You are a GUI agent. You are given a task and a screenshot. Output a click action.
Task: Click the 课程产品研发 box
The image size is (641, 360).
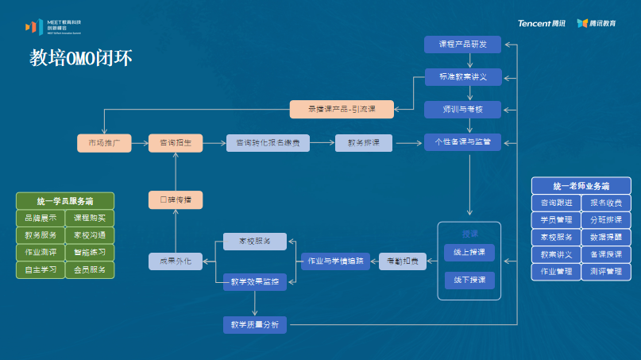click(462, 45)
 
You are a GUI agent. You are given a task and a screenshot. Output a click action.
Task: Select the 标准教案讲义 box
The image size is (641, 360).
click(462, 77)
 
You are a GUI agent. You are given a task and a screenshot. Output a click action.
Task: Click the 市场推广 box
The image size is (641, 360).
click(103, 143)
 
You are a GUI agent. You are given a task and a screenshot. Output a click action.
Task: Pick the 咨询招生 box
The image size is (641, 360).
click(176, 143)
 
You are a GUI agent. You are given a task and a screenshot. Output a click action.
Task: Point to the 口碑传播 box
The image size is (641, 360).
click(176, 199)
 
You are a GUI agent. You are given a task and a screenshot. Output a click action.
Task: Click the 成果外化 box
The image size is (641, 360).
click(176, 260)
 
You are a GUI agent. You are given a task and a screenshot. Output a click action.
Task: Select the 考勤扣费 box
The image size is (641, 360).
click(402, 260)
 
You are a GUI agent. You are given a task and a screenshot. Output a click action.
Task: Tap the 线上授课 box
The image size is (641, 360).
click(469, 252)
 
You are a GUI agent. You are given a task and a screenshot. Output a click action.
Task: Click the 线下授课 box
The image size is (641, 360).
click(469, 281)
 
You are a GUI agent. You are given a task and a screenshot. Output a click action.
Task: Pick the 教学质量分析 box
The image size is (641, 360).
click(255, 324)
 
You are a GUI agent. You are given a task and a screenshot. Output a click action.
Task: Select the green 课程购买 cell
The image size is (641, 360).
click(89, 218)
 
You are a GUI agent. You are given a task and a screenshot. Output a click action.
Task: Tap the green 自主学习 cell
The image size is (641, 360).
click(40, 270)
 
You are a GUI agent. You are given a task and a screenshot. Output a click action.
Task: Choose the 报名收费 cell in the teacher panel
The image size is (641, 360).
click(606, 203)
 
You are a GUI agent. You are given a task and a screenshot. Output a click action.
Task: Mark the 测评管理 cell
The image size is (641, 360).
click(606, 272)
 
